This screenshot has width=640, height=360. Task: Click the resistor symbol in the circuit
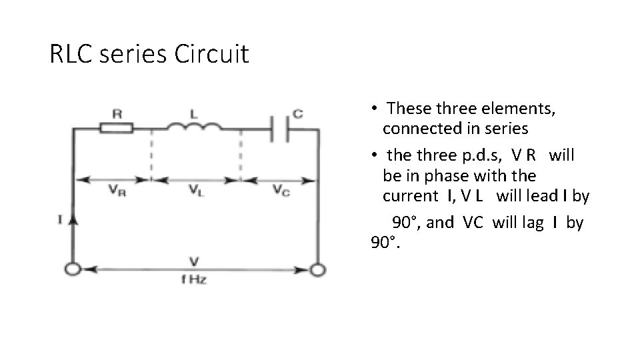(x=116, y=127)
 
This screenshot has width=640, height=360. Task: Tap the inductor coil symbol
(x=195, y=127)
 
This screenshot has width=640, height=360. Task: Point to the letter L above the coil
(x=193, y=113)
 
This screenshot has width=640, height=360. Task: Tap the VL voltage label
(x=195, y=190)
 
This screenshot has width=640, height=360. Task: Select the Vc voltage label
(x=281, y=190)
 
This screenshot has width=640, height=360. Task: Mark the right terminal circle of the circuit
(x=319, y=269)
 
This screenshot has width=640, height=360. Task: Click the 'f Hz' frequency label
(x=194, y=279)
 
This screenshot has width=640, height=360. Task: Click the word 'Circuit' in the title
(x=211, y=54)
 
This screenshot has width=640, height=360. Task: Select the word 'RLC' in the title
(x=73, y=54)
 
